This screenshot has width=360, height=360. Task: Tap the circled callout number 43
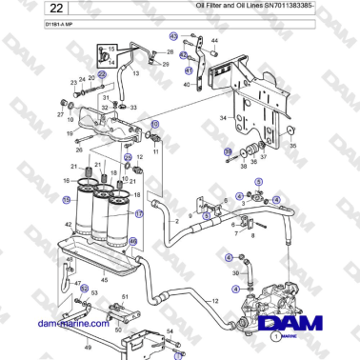click(173, 35)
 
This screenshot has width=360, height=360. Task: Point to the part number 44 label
click(214, 40)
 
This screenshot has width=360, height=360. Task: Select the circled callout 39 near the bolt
click(228, 151)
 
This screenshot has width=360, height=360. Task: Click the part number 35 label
click(292, 147)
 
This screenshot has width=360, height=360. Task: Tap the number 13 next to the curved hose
click(134, 72)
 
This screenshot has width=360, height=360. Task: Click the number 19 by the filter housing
click(70, 134)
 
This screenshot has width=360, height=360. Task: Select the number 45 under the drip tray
click(105, 280)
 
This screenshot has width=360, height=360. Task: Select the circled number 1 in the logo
click(275, 336)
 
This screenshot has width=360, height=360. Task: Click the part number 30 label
click(236, 271)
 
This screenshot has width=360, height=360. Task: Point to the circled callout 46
click(133, 241)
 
